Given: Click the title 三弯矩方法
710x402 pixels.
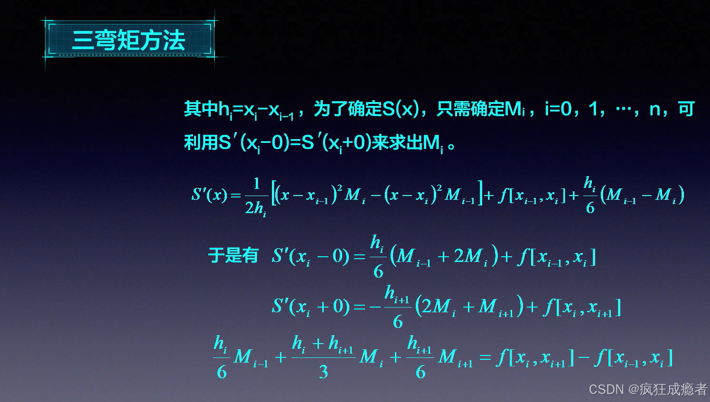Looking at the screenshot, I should pyautogui.click(x=128, y=40).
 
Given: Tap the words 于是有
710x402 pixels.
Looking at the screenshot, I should pyautogui.click(x=233, y=255).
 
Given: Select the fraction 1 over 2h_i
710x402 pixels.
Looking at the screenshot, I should pyautogui.click(x=256, y=196).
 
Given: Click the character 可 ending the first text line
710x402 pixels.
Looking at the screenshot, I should pyautogui.click(x=686, y=109).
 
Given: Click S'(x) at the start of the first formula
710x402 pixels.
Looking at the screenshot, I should pyautogui.click(x=209, y=195).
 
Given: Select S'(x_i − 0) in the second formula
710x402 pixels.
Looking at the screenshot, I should pyautogui.click(x=311, y=256).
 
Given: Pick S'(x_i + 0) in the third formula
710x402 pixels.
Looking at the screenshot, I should pyautogui.click(x=311, y=307).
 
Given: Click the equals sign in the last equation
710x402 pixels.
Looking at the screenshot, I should pyautogui.click(x=485, y=357).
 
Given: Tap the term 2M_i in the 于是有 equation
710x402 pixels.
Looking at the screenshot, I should pyautogui.click(x=470, y=257).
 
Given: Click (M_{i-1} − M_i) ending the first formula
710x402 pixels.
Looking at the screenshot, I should pyautogui.click(x=642, y=195).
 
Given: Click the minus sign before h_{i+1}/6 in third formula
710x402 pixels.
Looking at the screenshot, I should pyautogui.click(x=375, y=307).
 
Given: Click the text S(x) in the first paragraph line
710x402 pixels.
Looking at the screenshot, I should pyautogui.click(x=401, y=109).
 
